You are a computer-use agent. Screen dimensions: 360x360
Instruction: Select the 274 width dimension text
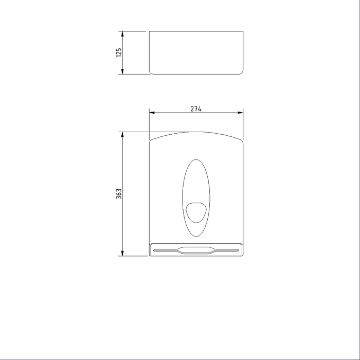[195, 109]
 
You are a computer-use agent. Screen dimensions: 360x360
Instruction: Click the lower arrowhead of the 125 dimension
[122, 71]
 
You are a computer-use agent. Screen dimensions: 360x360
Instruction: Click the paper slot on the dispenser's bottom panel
[195, 250]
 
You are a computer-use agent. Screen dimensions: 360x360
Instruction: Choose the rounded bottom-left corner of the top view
[151, 73]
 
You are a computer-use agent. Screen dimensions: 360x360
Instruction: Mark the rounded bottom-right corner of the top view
[241, 73]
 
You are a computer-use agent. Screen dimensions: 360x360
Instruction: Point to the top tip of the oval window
[196, 159]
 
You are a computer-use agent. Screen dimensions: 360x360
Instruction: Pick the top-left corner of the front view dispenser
[150, 140]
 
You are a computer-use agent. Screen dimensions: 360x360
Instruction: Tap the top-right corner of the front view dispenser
[242, 140]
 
